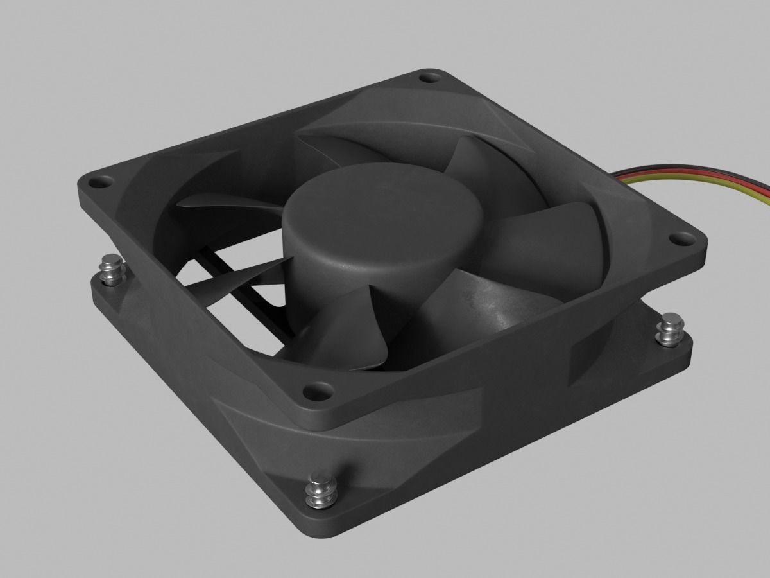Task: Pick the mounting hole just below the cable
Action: click(678, 240)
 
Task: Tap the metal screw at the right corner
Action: click(671, 328)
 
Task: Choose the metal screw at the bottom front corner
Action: click(319, 489)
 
